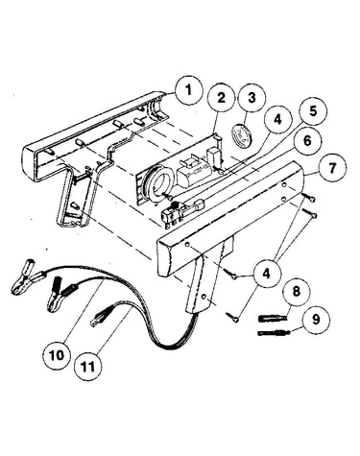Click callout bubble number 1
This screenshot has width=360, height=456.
point(189,90)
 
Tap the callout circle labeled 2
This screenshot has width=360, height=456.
point(222,98)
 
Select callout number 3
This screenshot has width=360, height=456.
point(252,98)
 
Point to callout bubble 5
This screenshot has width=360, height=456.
point(312,111)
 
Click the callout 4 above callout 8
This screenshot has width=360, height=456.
point(267,274)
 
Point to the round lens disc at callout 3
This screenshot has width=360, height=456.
point(242,135)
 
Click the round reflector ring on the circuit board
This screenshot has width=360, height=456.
point(157,183)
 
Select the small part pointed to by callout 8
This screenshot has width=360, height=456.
point(272,319)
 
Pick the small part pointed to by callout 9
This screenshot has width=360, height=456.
point(274,333)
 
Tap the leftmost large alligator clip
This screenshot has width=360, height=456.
point(26,277)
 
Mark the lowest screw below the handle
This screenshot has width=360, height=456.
point(232,317)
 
